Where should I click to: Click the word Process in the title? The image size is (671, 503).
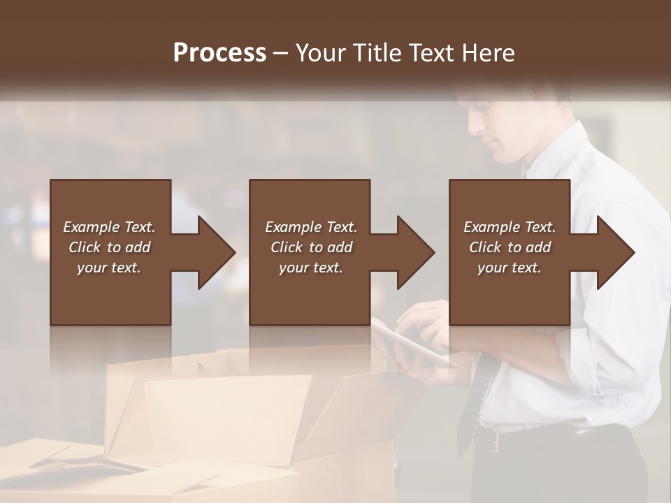coord(219,53)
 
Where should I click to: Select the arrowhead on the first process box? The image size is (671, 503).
coord(213,252)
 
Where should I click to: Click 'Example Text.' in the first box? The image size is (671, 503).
coord(110,227)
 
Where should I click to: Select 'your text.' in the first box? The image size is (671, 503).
coord(110,268)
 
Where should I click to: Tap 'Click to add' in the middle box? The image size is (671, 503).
coord(311,247)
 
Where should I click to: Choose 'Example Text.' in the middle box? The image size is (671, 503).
coord(311,227)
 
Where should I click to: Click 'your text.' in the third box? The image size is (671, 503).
coord(510,268)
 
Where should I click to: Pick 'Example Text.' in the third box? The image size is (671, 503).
coord(510,227)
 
